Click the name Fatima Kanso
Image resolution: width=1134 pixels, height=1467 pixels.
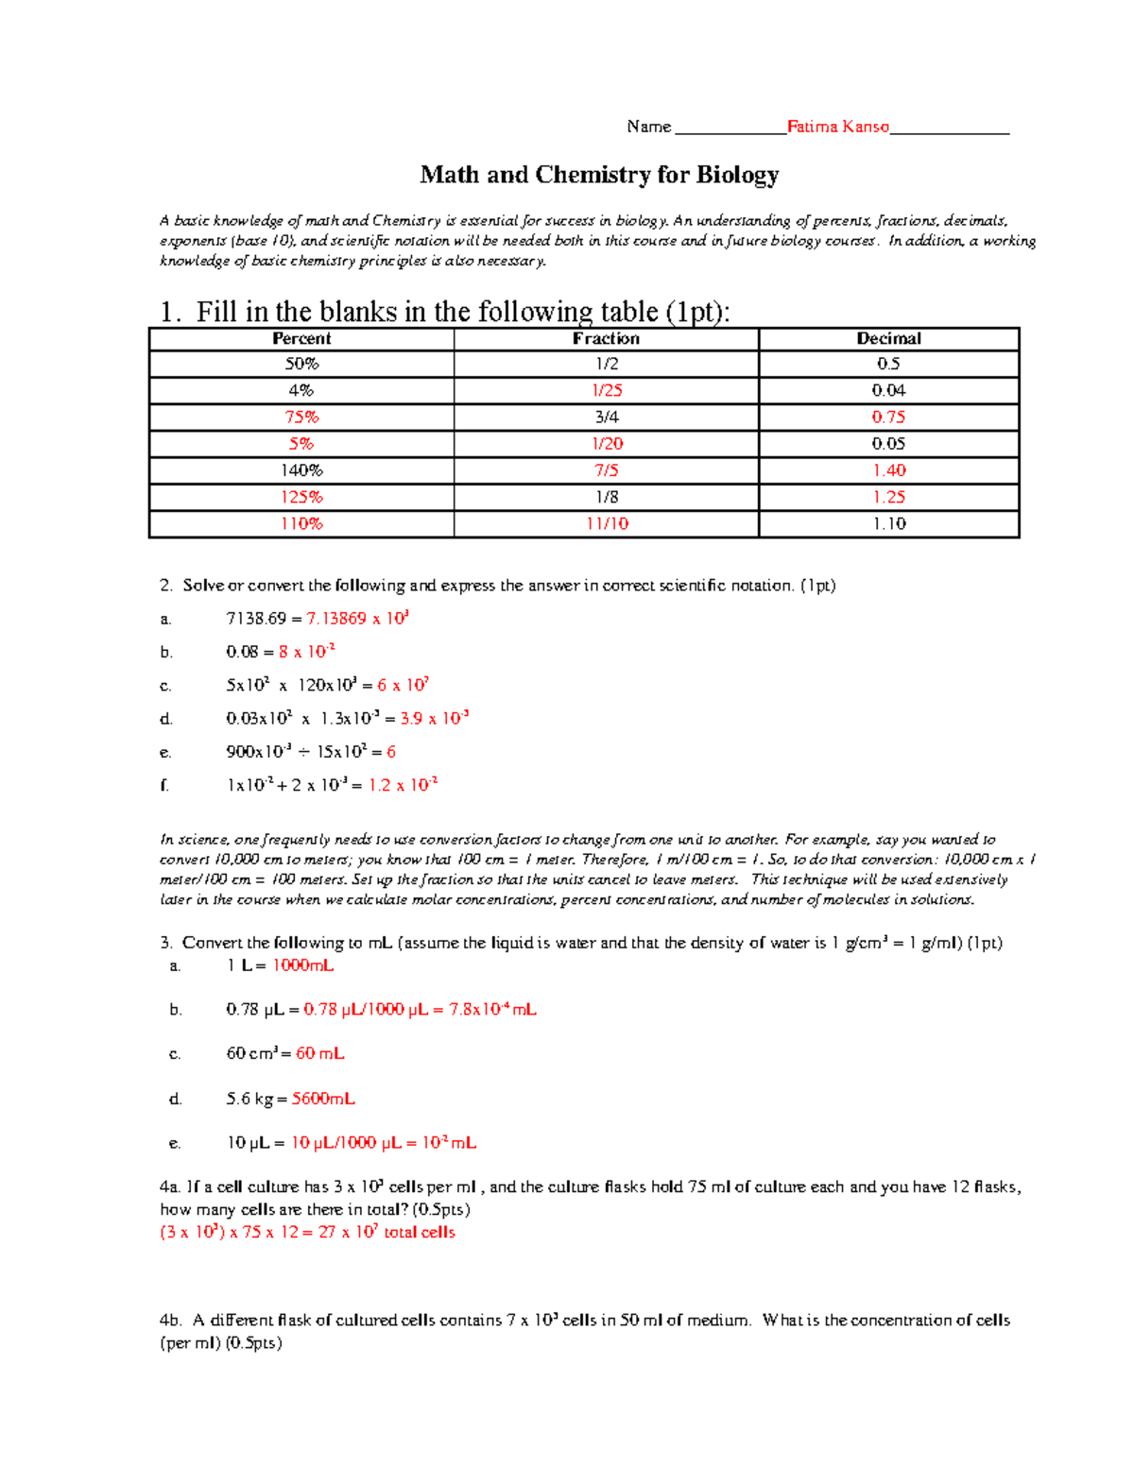[837, 127]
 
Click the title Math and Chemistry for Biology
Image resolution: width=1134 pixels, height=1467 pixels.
[599, 175]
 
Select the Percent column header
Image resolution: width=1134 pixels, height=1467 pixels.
[301, 338]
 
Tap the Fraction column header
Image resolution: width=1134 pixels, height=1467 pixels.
[606, 338]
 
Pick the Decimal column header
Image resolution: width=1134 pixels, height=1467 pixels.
[888, 338]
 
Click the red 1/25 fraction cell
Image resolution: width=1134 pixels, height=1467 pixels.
[606, 390]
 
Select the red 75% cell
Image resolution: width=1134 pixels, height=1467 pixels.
[301, 417]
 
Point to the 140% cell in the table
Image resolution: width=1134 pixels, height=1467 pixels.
[301, 470]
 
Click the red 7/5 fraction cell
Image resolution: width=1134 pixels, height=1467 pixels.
[606, 470]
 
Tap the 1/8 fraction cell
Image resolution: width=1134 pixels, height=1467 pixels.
[606, 497]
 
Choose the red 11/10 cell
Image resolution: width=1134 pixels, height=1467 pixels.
[606, 523]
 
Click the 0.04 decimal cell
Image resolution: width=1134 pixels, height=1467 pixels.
[888, 390]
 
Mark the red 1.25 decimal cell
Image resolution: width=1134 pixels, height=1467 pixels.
[888, 497]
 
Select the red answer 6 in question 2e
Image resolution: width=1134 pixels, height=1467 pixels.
[390, 752]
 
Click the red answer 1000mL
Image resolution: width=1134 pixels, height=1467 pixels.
[302, 965]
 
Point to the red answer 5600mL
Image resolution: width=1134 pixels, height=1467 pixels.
[323, 1099]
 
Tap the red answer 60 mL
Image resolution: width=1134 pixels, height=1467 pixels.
[319, 1053]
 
